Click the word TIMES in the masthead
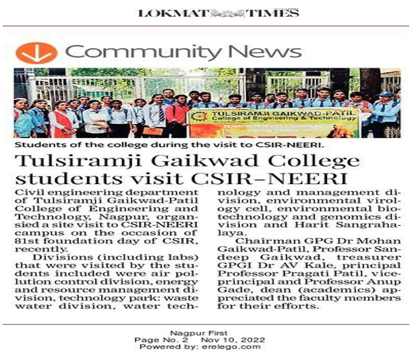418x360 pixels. click(x=272, y=13)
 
